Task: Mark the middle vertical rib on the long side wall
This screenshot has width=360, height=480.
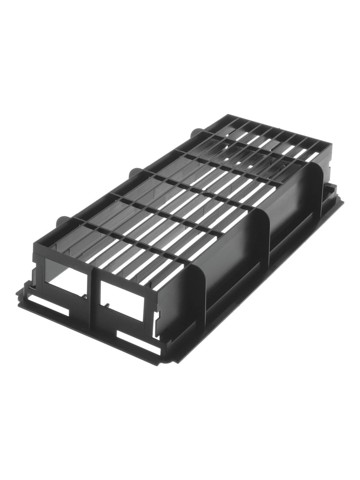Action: [x=263, y=234]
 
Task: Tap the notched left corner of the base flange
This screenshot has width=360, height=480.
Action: [x=20, y=293]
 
